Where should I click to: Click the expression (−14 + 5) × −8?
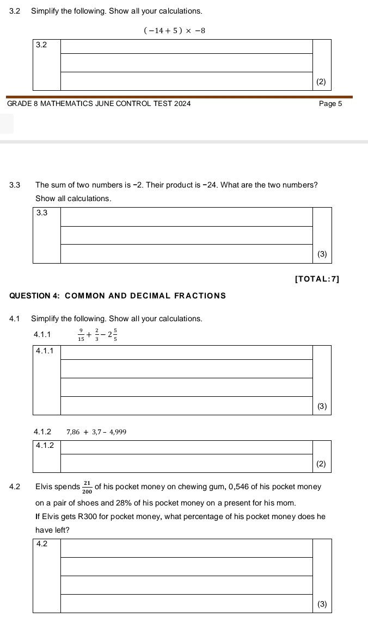[174, 30]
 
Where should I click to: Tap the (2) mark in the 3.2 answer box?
[321, 82]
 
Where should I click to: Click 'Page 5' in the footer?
[330, 103]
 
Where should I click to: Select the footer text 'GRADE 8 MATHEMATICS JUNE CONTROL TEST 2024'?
[99, 103]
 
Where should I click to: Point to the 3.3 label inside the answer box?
[41, 213]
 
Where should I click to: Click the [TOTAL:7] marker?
[317, 279]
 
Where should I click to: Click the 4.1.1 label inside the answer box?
[44, 351]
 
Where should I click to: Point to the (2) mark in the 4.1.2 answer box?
[321, 464]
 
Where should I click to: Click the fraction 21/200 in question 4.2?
[87, 487]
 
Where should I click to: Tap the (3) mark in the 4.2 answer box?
[322, 603]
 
